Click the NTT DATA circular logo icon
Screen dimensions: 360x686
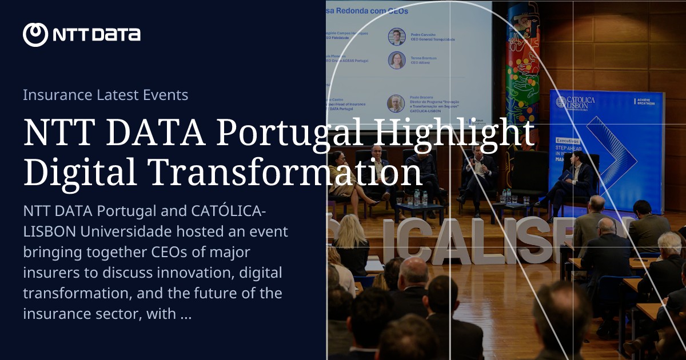point(35,35)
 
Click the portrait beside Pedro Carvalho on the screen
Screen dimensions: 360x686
point(397,37)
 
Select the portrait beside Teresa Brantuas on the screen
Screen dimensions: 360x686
point(397,60)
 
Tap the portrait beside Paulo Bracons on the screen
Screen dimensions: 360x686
point(396,103)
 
